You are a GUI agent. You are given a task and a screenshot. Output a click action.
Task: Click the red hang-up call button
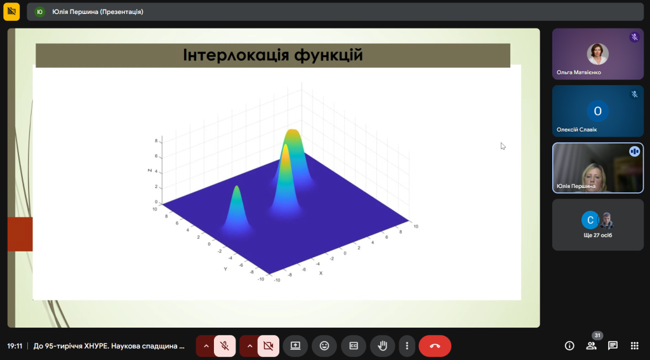[x=435, y=346]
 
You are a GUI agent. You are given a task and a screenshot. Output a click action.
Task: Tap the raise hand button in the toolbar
[x=383, y=346]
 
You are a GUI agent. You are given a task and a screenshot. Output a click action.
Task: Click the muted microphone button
[x=224, y=346]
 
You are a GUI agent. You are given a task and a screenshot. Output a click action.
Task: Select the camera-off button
[x=268, y=346]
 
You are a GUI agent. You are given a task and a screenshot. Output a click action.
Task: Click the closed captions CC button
[x=354, y=346]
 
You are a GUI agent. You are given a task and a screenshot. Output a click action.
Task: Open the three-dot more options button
[x=406, y=346]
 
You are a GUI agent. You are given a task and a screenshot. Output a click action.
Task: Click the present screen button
[x=295, y=346]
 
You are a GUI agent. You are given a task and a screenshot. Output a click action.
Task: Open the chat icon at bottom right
[x=613, y=345]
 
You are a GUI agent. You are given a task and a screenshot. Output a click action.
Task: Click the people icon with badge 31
[x=592, y=345]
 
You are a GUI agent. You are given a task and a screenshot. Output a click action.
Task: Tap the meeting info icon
[x=569, y=345]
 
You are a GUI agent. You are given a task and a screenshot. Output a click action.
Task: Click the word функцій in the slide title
[x=328, y=55]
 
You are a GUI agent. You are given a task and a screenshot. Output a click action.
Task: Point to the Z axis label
[x=149, y=170]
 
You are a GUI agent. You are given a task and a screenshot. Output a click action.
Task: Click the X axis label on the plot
[x=321, y=273]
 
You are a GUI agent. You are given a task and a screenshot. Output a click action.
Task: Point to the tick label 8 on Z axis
[x=156, y=140]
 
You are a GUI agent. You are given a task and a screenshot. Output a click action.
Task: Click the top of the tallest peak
[x=293, y=132]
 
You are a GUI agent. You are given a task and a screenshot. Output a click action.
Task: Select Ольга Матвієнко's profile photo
[x=597, y=54]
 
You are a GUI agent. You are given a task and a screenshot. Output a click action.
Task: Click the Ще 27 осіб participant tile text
[x=597, y=235]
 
